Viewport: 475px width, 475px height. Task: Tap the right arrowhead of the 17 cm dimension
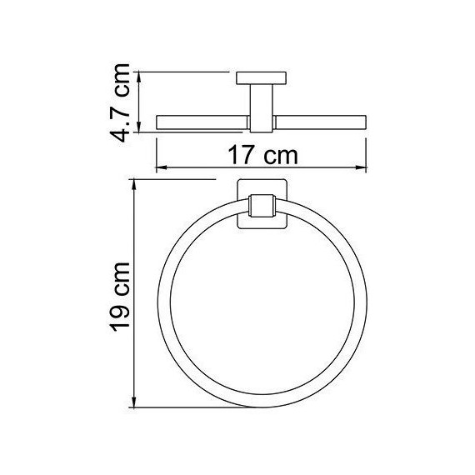click(363, 167)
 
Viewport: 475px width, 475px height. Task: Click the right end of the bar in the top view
click(364, 122)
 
